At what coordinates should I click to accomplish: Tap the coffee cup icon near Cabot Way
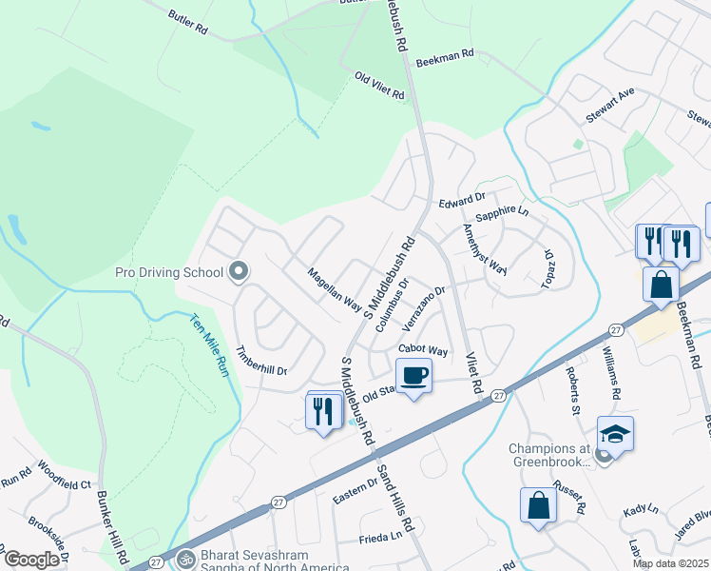point(413,376)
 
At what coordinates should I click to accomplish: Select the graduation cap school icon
point(615,435)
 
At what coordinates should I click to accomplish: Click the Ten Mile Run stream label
point(209,345)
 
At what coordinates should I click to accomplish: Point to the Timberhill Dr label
point(261,358)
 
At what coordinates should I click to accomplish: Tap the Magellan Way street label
point(334,288)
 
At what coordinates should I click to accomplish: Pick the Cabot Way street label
point(423,350)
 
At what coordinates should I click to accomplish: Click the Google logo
point(30,560)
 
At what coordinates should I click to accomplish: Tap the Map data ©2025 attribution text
point(670,563)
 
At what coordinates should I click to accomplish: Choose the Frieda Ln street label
point(380,538)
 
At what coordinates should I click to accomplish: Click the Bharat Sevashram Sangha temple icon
point(186,559)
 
